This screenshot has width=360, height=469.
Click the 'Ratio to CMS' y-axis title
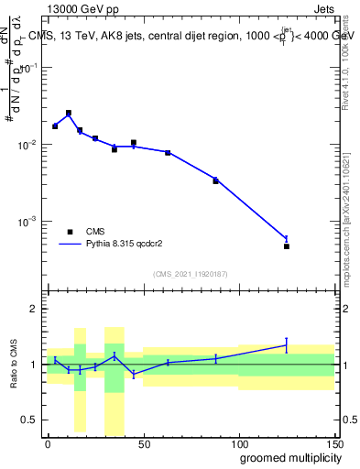click(12, 365)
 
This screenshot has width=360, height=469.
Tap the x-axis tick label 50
click(143, 444)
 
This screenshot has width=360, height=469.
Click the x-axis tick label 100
click(239, 444)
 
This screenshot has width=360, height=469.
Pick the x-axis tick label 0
click(48, 444)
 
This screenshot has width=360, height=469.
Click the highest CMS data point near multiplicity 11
click(69, 113)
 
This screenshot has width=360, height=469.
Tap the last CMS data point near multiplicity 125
click(287, 246)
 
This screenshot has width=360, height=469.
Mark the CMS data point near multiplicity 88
click(216, 181)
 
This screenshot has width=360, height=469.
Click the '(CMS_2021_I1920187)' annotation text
click(190, 273)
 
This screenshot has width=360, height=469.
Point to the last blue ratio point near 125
click(287, 345)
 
